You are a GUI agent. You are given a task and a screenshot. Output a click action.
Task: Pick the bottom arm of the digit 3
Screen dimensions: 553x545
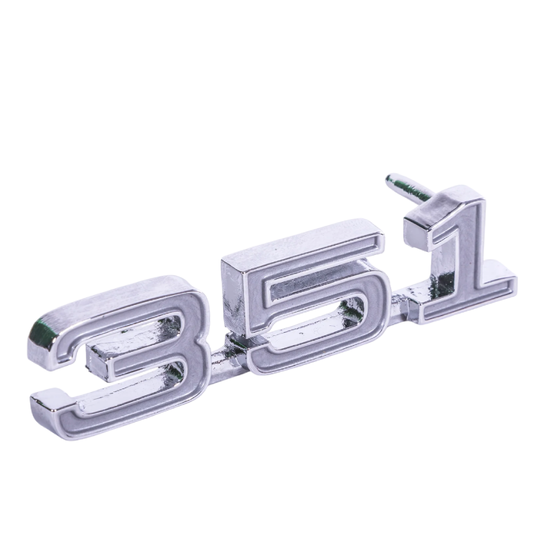pyautogui.click(x=111, y=411)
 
